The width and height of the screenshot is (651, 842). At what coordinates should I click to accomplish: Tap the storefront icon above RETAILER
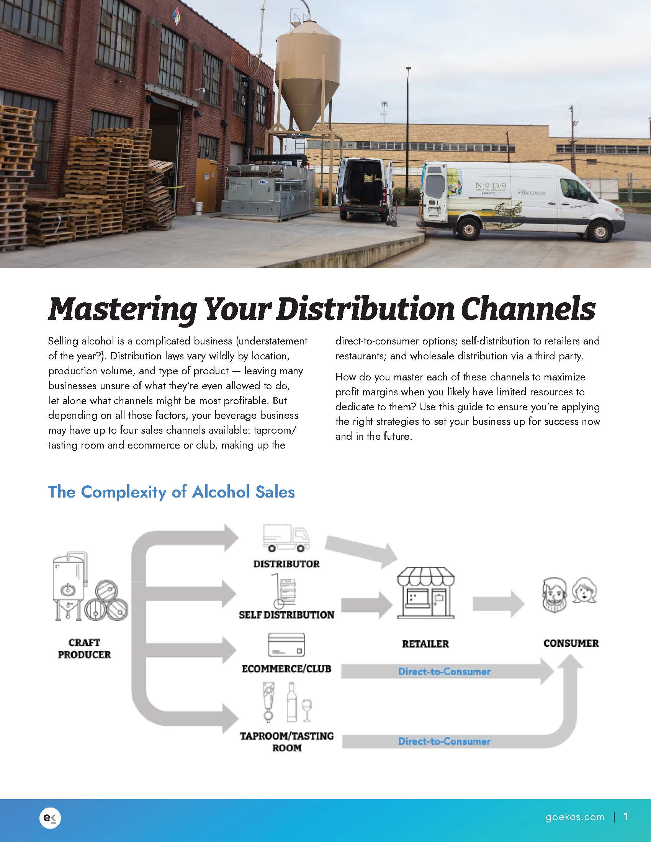(x=426, y=592)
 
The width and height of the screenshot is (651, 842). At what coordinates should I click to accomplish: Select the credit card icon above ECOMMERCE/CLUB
(x=286, y=645)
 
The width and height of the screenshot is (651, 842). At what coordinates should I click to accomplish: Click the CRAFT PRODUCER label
(x=84, y=648)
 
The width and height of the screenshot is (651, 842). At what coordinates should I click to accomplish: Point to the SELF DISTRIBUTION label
(x=286, y=615)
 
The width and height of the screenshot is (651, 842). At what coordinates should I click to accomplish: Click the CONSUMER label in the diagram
(x=571, y=643)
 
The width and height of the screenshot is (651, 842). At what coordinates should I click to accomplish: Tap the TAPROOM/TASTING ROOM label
(x=286, y=741)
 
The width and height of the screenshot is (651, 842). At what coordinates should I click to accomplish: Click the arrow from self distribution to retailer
(x=366, y=604)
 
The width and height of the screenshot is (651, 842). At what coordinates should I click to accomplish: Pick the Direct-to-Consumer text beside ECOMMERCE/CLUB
(x=444, y=672)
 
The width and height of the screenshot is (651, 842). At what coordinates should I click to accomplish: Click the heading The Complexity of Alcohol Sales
(x=171, y=492)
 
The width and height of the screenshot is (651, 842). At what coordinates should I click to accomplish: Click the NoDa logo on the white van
(x=491, y=187)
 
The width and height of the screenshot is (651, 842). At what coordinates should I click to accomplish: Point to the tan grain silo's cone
(x=308, y=104)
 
